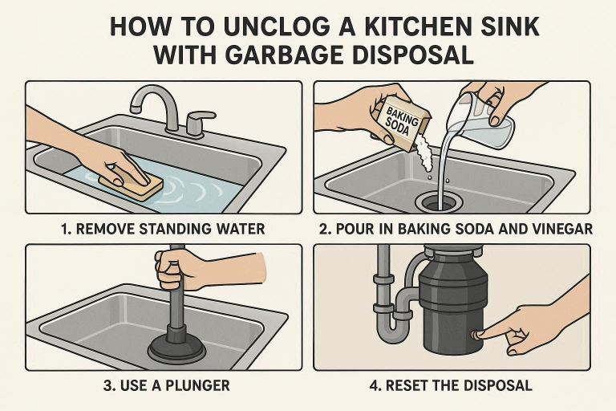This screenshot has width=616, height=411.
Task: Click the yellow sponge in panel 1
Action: pos(131,183)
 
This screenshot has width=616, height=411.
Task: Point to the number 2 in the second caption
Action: pos(323,230)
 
